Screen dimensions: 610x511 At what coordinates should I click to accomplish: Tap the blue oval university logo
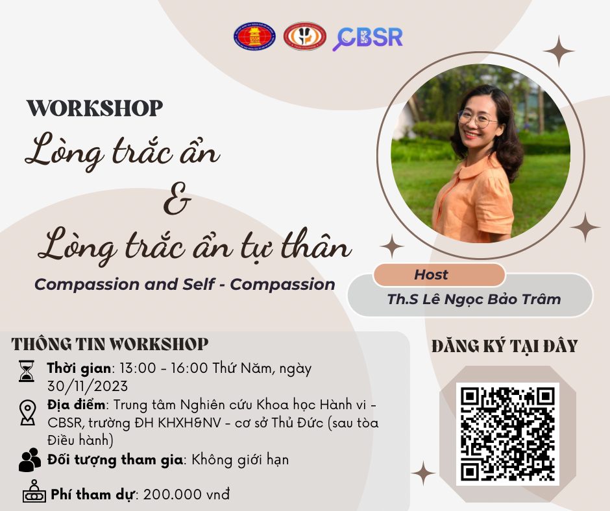click(255, 36)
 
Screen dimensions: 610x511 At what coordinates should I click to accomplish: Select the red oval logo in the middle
click(304, 36)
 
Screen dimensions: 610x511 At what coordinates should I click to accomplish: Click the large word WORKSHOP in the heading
click(95, 108)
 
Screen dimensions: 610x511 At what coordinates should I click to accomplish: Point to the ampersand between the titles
click(177, 199)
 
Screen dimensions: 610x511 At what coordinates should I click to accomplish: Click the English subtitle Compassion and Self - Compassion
click(185, 284)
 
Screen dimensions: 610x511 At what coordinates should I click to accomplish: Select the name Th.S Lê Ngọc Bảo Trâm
click(474, 299)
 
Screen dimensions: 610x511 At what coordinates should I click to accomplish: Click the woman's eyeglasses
click(477, 119)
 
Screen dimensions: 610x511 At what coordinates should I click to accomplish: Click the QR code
click(507, 434)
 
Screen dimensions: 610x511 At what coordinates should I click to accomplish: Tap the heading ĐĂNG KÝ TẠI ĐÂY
click(505, 346)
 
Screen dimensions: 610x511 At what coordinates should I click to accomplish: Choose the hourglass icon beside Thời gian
click(27, 371)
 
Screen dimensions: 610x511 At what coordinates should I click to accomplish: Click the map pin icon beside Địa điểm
click(28, 413)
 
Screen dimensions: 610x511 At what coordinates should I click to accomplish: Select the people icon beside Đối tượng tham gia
click(30, 460)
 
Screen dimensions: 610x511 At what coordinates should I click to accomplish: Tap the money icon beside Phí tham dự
click(34, 491)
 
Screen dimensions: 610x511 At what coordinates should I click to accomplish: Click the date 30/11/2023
click(88, 386)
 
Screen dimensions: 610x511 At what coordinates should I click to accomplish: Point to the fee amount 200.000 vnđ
click(186, 495)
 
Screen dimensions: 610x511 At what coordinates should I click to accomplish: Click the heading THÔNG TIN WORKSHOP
click(110, 344)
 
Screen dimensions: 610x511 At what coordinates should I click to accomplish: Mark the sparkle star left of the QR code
click(423, 473)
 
